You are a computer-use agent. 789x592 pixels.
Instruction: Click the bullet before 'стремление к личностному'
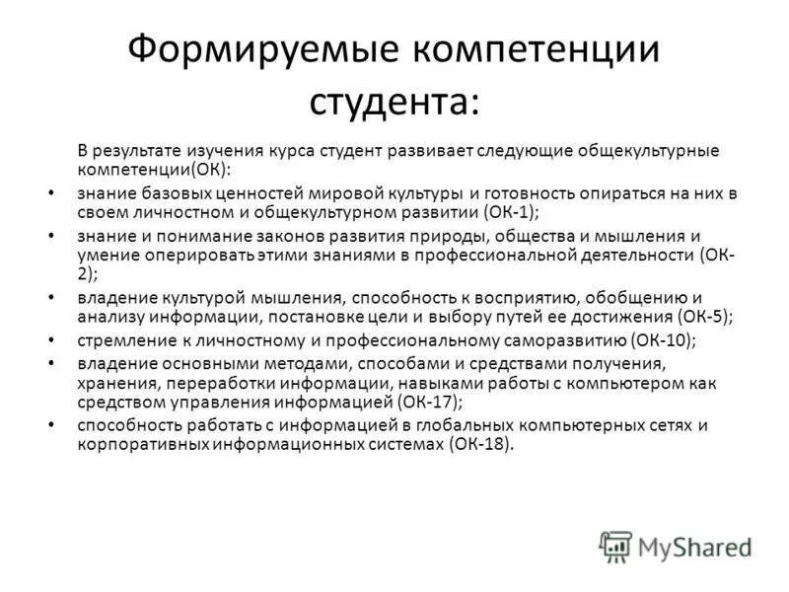(x=50, y=340)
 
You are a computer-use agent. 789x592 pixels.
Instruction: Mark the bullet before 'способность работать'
(x=50, y=425)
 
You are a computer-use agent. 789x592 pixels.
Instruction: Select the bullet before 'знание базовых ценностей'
(x=50, y=192)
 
